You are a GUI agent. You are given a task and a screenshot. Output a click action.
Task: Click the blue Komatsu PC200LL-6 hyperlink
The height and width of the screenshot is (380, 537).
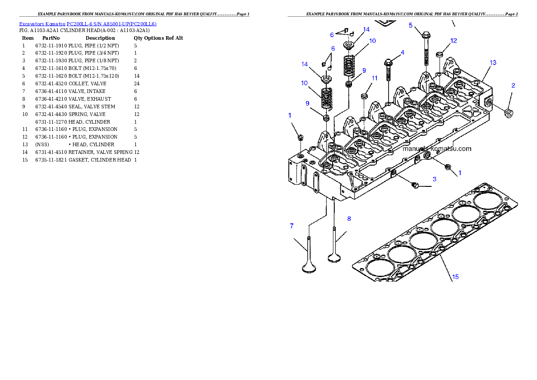[x=88, y=24]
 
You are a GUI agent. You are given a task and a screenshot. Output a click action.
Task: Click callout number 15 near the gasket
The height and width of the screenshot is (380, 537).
[x=455, y=277]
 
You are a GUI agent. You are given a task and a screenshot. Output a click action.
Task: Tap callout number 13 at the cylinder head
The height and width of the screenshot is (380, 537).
[x=493, y=63]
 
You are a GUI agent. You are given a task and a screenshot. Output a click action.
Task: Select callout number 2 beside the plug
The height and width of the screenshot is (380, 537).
[x=513, y=85]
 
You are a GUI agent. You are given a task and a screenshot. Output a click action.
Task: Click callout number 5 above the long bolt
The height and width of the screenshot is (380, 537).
[x=411, y=25]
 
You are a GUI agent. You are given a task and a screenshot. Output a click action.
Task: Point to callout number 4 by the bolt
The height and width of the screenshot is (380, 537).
[x=403, y=52]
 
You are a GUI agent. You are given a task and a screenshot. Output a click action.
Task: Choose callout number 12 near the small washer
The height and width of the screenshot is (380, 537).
[x=453, y=41]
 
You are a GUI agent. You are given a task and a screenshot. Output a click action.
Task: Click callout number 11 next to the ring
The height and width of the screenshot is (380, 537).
[x=374, y=78]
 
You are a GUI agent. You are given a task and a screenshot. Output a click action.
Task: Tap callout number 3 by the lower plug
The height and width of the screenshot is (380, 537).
[x=435, y=179]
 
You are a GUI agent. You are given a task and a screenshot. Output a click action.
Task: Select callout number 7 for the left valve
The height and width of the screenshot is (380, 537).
[x=292, y=225]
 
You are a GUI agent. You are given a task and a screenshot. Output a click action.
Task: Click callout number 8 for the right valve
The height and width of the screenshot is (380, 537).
[x=348, y=218]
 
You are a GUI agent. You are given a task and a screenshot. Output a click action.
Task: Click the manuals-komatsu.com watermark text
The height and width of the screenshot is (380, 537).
[x=437, y=148]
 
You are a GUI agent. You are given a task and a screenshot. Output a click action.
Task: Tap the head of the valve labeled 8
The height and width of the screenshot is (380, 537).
[x=334, y=258]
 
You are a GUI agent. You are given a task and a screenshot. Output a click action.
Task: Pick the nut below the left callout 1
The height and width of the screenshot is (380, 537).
[x=301, y=137]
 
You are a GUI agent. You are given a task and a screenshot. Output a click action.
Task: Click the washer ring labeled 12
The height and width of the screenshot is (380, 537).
[x=439, y=55]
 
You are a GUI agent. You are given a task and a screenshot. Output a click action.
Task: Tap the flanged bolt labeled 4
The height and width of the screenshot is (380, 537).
[x=388, y=68]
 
